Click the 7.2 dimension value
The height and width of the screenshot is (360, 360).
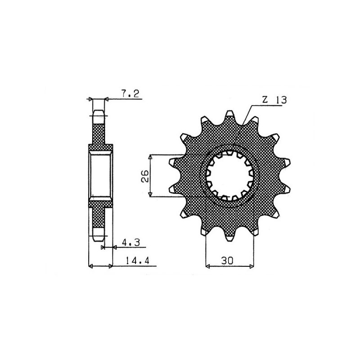tap(130, 94)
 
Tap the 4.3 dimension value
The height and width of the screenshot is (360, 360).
tap(131, 243)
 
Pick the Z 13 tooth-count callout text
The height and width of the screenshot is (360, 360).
tap(273, 100)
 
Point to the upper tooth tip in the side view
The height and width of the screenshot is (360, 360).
tap(99, 112)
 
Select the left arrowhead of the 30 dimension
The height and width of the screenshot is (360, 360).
tap(208, 267)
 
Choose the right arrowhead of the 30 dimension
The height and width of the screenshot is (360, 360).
tap(252, 267)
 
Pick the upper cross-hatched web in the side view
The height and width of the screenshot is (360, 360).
tap(99, 133)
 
